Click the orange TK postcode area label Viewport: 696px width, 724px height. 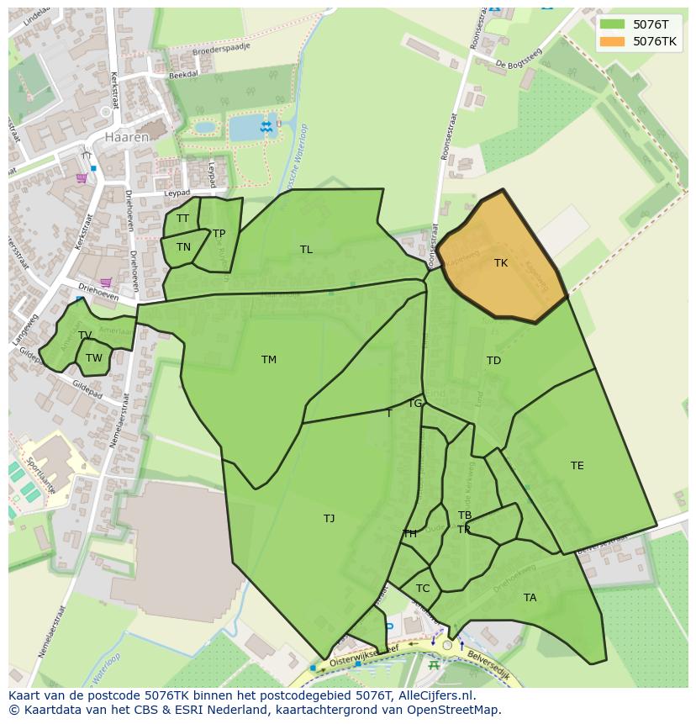point(501,263)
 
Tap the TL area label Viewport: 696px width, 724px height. point(306,250)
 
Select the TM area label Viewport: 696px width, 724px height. point(269,360)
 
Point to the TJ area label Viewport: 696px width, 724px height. point(330,519)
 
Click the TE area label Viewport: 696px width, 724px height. point(577,466)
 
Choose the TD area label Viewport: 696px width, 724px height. point(493,361)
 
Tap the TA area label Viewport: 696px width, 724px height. point(530,598)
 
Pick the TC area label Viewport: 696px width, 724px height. point(423,589)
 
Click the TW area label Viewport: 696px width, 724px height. point(94,358)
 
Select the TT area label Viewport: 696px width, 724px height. point(183,219)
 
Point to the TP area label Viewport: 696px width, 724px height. point(219,234)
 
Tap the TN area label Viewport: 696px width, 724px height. point(183,247)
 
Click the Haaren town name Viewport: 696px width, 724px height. point(127,136)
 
